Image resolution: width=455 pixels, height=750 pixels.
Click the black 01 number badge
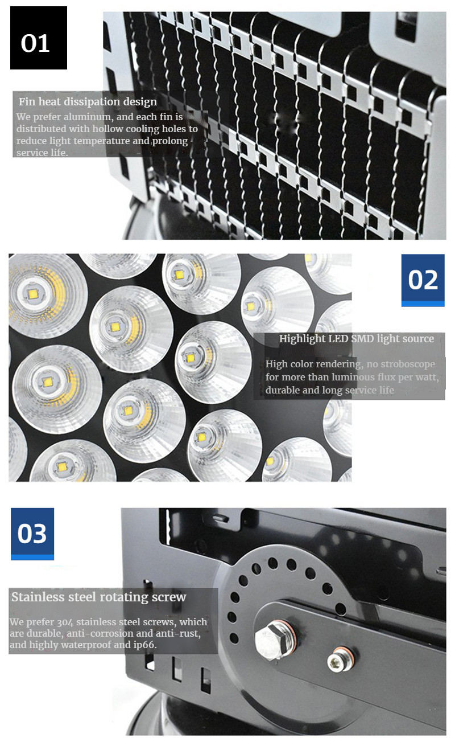pos(39,38)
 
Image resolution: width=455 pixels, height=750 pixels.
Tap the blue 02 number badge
pos(423,280)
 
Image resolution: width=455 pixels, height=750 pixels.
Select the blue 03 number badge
pos(32,534)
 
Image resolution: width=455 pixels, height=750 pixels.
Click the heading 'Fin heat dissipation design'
pos(88,102)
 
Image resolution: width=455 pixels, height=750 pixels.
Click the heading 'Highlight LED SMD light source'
pos(356,339)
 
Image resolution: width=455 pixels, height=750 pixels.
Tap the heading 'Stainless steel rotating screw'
pos(98,597)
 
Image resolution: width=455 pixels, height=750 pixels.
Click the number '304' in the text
pos(66,622)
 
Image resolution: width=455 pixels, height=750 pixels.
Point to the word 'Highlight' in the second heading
pos(302,339)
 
